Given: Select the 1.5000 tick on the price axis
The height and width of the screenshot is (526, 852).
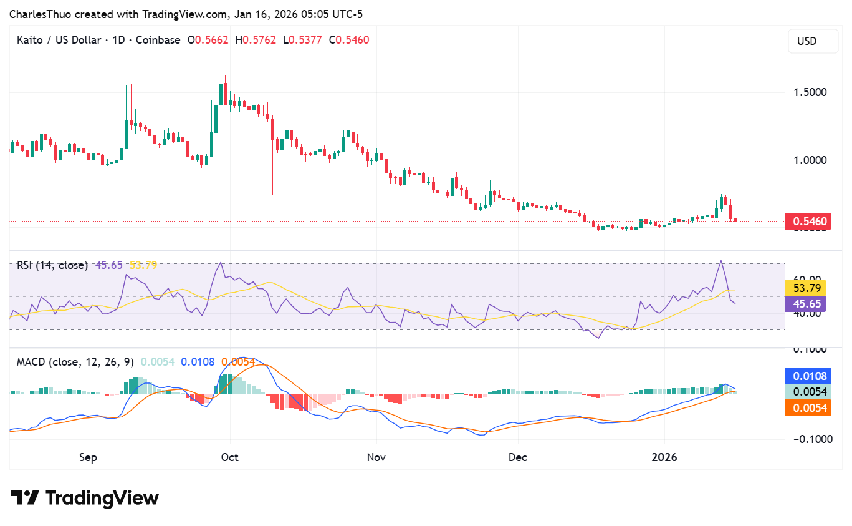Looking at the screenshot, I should [810, 92].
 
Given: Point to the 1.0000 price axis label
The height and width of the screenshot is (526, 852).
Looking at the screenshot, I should [810, 160].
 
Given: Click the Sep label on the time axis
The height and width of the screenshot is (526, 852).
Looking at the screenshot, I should [88, 457].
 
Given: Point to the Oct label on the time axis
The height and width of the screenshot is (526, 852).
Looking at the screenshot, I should [230, 457].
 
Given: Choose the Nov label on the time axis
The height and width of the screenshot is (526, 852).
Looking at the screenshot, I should [376, 457].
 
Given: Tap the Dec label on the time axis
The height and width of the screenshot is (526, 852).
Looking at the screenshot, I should [517, 457].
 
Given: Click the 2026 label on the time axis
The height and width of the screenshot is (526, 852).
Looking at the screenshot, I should [664, 457].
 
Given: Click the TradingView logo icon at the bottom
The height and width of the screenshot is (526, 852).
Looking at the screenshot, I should [25, 498].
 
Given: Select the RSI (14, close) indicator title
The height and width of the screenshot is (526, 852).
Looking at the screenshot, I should [52, 265].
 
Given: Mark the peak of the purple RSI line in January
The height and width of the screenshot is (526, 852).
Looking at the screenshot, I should [721, 261].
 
